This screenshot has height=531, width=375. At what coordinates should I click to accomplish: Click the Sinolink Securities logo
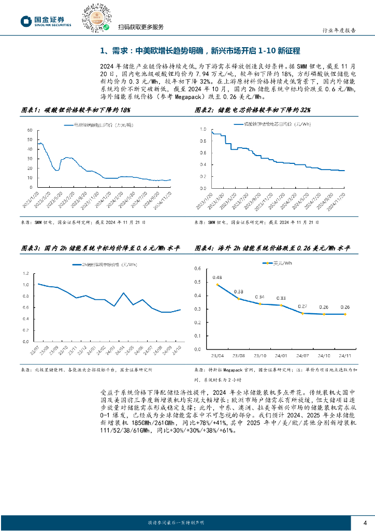point(45,21)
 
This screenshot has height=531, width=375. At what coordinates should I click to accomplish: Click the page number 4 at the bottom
point(365,522)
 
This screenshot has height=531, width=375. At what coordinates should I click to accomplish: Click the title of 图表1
point(75,110)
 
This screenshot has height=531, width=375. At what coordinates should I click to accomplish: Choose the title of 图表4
point(272,249)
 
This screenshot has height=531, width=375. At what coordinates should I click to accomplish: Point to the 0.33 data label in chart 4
point(280,298)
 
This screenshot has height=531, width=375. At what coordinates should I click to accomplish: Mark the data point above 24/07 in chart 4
point(302,313)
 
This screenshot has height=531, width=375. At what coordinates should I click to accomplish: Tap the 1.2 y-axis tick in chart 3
point(24,273)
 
